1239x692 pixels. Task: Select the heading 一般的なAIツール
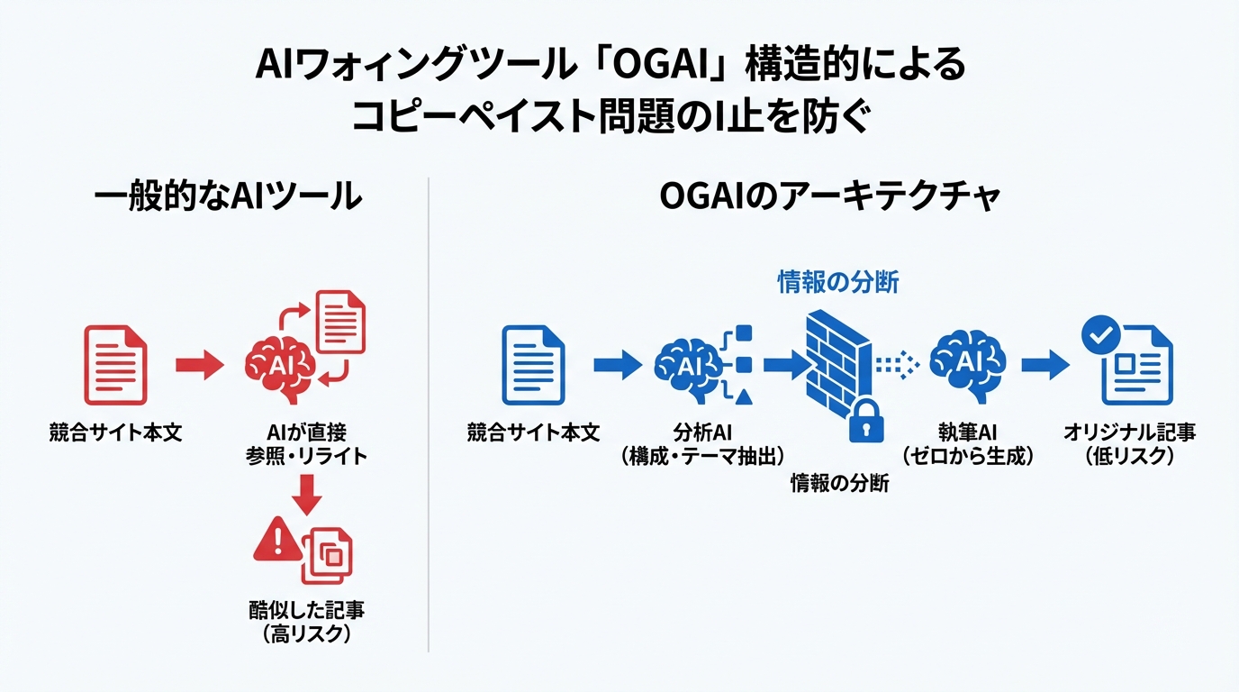229,196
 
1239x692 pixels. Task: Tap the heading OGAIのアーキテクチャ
830,196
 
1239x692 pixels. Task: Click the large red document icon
115,364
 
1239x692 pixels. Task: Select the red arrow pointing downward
308,491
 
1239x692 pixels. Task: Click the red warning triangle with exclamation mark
276,541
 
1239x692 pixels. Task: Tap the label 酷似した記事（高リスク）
307,622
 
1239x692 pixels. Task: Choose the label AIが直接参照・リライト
307,444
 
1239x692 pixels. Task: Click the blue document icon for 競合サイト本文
533,364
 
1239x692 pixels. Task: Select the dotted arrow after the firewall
897,364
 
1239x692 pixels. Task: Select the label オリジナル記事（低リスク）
1130,444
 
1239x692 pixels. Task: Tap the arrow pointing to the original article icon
1045,364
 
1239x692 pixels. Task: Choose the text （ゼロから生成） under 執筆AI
968,457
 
